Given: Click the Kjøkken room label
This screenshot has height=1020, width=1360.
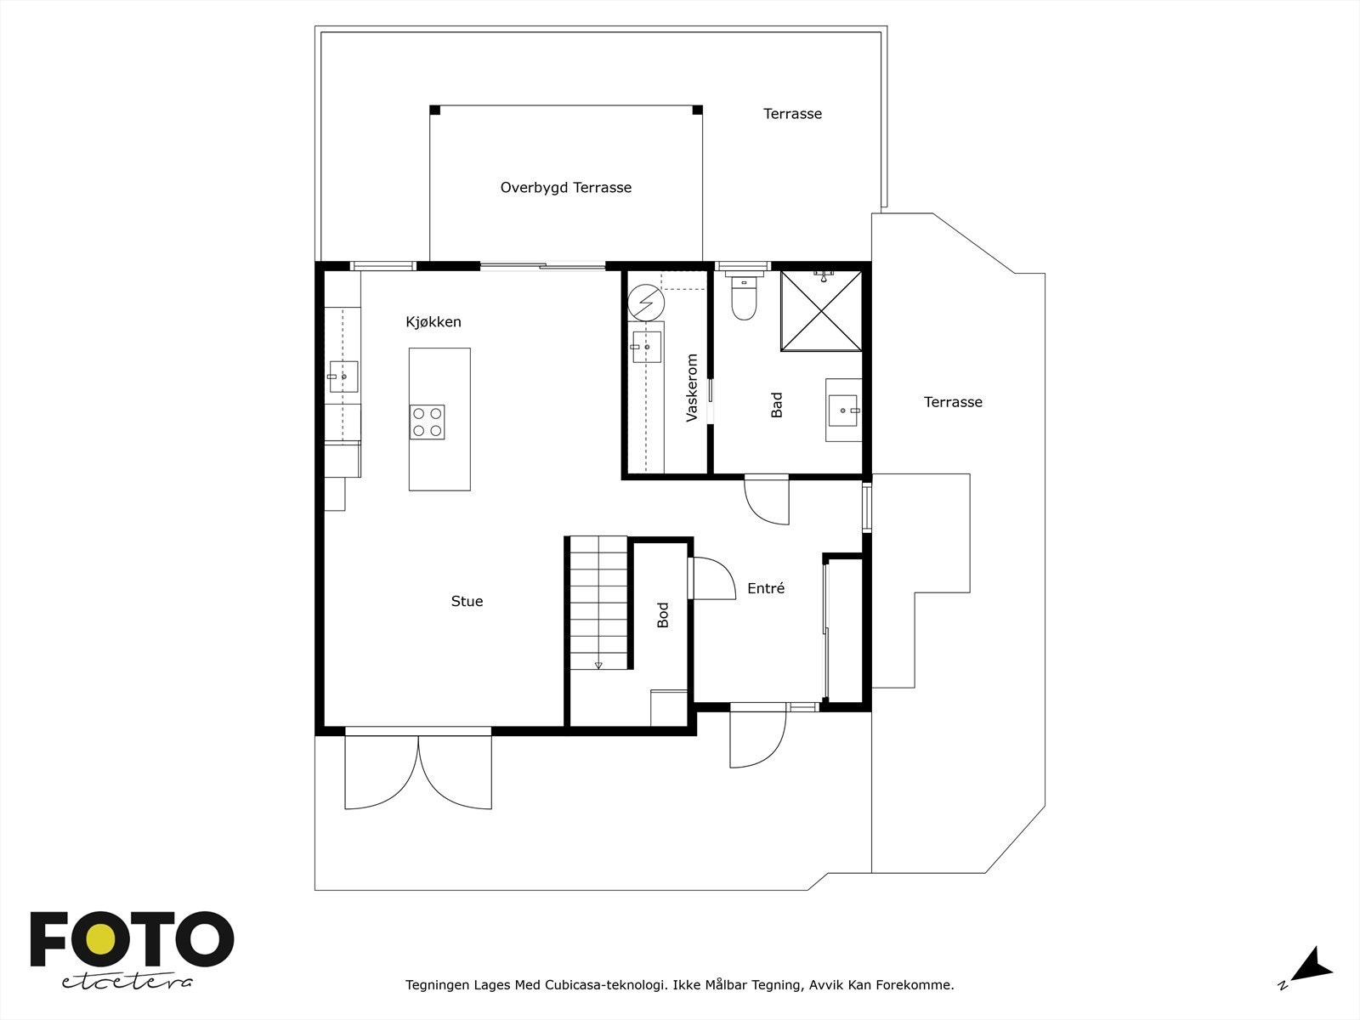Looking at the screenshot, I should coord(433,322).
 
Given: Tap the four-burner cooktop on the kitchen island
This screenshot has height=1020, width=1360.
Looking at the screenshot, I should coord(428,422).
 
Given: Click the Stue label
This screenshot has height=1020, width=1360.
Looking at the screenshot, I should coord(467,602).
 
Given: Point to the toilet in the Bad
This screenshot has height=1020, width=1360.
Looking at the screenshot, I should coord(744,300).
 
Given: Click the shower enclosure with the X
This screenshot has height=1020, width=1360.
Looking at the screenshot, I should coord(821,310).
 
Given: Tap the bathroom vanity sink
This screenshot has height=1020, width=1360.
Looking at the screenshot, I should coord(844,411).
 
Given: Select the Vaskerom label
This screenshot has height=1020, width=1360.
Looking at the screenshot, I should coord(692,388).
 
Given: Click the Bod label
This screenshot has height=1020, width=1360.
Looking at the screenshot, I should coord(663,615).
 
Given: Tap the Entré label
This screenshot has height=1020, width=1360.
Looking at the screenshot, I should coord(766,588).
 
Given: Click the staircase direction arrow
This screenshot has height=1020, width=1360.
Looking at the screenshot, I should coord(598,665).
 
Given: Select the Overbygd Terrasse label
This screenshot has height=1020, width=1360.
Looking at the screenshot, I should coord(566,188).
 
